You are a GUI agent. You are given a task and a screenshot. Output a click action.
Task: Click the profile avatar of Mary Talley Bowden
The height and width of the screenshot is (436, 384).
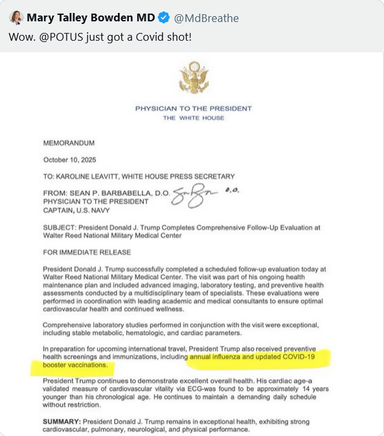[x=16, y=17]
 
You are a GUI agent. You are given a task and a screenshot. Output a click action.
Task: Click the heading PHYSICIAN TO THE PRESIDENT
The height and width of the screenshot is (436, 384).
[x=194, y=109]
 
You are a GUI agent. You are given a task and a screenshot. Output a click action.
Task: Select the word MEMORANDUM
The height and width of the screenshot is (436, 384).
[x=69, y=142]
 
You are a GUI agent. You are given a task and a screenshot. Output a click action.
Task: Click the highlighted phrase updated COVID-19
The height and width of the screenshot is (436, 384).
[x=289, y=357]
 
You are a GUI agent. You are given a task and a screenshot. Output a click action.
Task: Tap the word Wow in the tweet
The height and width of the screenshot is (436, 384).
[x=19, y=36]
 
